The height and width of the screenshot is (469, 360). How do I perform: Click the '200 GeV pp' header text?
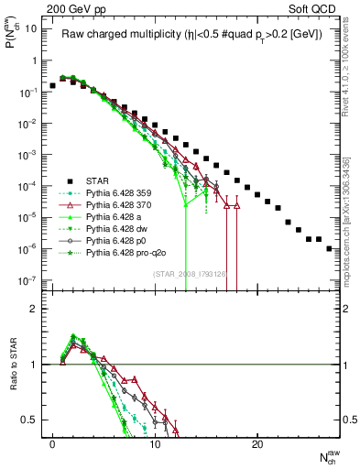[69, 7]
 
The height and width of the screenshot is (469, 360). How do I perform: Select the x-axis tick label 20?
[257, 444]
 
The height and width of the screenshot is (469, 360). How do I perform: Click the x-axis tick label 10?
[155, 444]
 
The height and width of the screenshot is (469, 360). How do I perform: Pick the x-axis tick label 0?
[52, 444]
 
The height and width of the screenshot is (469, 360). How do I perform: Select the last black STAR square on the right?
[329, 247]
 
